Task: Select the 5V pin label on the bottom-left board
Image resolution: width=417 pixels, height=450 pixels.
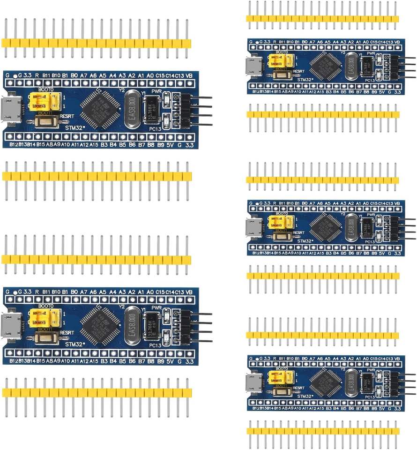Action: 170,361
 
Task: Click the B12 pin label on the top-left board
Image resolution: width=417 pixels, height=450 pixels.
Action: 14,145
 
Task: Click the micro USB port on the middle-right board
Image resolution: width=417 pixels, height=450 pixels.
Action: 253,227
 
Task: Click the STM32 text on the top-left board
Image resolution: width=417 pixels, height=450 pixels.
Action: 75,127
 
